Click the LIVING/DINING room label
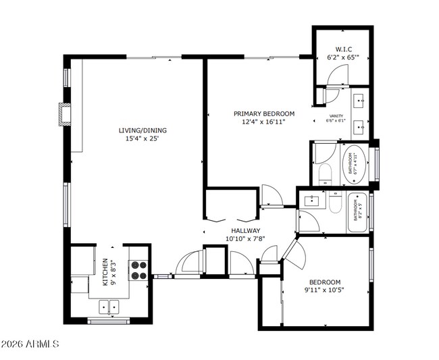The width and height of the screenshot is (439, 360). click(x=143, y=130)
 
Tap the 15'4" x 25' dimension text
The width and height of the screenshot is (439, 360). click(x=143, y=138)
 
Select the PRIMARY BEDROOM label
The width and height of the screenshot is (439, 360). click(x=264, y=113)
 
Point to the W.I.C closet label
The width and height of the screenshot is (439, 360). click(x=342, y=49)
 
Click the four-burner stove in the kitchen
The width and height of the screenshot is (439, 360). click(x=138, y=270)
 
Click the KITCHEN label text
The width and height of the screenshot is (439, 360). click(x=105, y=272)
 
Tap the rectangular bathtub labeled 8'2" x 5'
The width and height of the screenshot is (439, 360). click(x=356, y=213)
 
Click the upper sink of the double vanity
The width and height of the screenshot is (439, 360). click(x=359, y=102)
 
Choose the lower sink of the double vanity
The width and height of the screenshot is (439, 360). click(x=359, y=125)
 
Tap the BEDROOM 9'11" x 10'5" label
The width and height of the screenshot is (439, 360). click(x=325, y=286)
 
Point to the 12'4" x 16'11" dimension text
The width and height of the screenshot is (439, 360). click(x=264, y=122)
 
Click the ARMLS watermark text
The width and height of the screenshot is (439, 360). click(x=30, y=344)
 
